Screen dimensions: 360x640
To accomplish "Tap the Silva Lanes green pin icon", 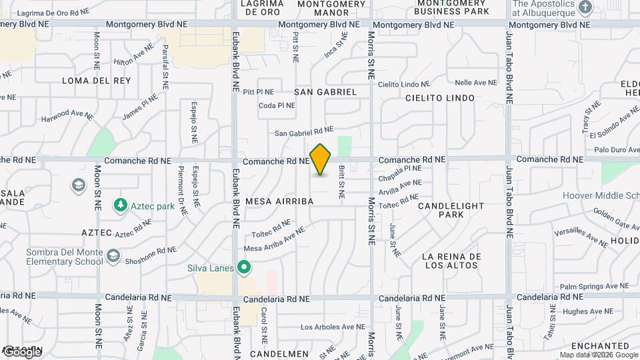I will [x=244, y=268].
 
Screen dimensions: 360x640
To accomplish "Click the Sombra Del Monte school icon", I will [x=113, y=255].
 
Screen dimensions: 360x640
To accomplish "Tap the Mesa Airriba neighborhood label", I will [x=279, y=201].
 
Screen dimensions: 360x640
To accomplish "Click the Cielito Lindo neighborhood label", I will [x=440, y=98].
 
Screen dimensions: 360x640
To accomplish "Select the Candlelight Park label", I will [x=451, y=211].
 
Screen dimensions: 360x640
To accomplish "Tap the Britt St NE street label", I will [x=341, y=183].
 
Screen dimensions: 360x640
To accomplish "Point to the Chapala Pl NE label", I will [x=401, y=175].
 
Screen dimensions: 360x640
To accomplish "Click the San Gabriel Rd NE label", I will [x=303, y=132].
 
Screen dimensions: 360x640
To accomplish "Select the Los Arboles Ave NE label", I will [x=333, y=327].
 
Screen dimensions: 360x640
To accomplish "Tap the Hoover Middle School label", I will [x=601, y=195].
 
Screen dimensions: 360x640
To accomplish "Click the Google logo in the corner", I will [x=21, y=351].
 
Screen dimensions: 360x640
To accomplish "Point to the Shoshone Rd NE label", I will [x=151, y=255].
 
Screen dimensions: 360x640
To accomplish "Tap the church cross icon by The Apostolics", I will [x=585, y=8].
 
